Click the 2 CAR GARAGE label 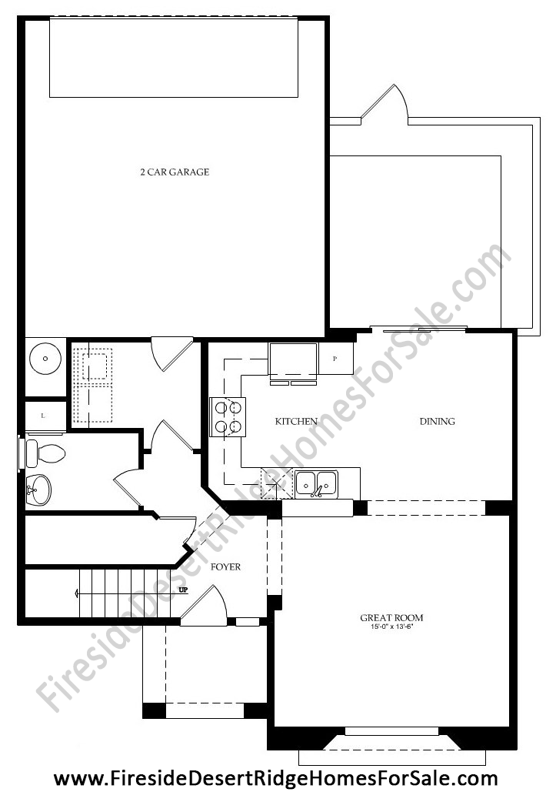pyautogui.click(x=175, y=172)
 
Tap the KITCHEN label pyautogui.click(x=296, y=421)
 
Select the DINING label pyautogui.click(x=438, y=421)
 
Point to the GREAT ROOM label pyautogui.click(x=391, y=617)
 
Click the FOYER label pyautogui.click(x=225, y=566)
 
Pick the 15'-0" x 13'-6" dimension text pyautogui.click(x=391, y=627)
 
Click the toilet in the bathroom pyautogui.click(x=46, y=453)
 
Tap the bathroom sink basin pyautogui.click(x=38, y=489)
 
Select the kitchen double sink pyautogui.click(x=316, y=483)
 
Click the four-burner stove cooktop pyautogui.click(x=228, y=416)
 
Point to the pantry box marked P pyautogui.click(x=335, y=359)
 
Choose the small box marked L pyautogui.click(x=45, y=416)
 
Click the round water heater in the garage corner pyautogui.click(x=45, y=358)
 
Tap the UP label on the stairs pyautogui.click(x=183, y=590)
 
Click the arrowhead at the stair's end pyautogui.click(x=76, y=593)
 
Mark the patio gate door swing pyautogui.click(x=385, y=104)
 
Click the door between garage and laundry pyautogui.click(x=172, y=355)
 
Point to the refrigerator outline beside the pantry pyautogui.click(x=293, y=361)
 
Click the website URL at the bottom pyautogui.click(x=276, y=779)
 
